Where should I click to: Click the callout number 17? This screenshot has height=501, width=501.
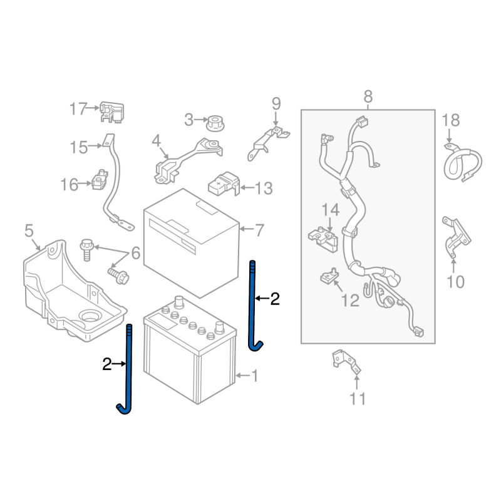pos(78,109)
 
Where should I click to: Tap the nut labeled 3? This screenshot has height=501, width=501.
pos(215,123)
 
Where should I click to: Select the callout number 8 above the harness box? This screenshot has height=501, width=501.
pos(368,96)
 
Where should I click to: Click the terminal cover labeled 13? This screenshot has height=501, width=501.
pos(224,184)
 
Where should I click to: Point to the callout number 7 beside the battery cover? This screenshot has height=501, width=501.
pos(259,230)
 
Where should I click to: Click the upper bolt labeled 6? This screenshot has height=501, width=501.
pos(86,249)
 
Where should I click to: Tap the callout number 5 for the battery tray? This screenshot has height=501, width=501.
pos(29,230)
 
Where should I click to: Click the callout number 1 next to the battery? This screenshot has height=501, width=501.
pos(255,376)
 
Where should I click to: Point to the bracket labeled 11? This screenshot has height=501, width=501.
pos(346,363)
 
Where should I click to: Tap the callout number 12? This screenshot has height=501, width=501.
pos(350,301)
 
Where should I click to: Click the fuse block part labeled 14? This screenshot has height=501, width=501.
pos(323,239)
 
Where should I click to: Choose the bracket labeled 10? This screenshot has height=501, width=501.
pos(456,237)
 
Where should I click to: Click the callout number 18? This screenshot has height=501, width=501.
pos(450,120)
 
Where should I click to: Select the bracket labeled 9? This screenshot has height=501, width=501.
pos(268,143)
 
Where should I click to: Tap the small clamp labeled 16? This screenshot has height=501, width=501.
pos(100,180)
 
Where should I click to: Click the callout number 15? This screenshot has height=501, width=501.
pos(79,148)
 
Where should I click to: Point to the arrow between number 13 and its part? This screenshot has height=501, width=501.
pos(247,187)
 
